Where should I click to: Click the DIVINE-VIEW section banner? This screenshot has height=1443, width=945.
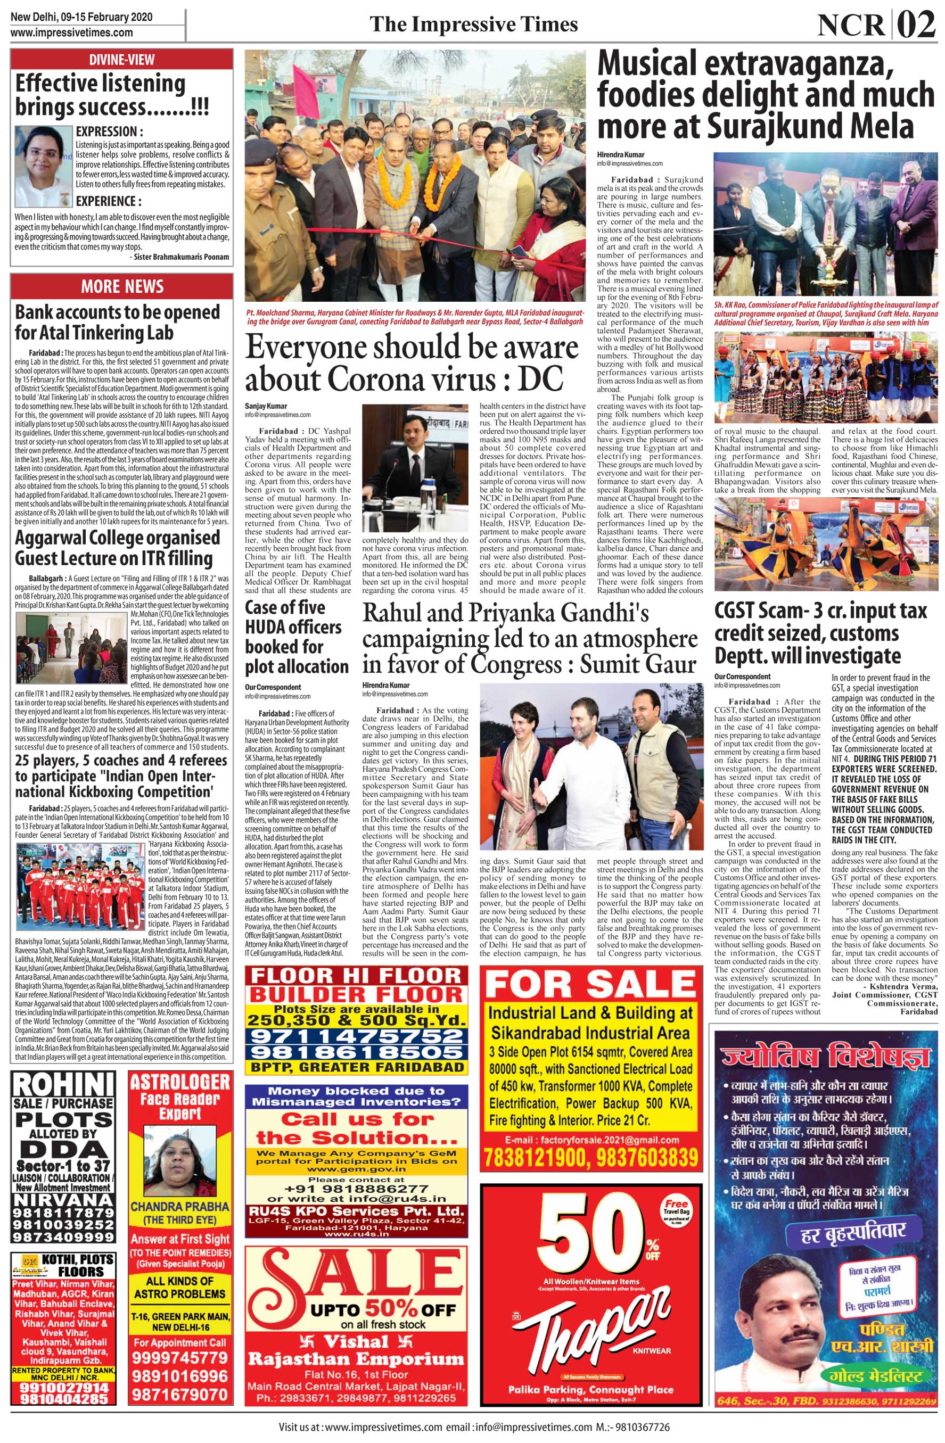[x=121, y=60]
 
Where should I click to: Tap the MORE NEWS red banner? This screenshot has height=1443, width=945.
[x=121, y=286]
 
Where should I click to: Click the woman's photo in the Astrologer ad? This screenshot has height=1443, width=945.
[x=180, y=1152]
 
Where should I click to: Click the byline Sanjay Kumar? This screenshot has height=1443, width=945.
[x=266, y=406]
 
